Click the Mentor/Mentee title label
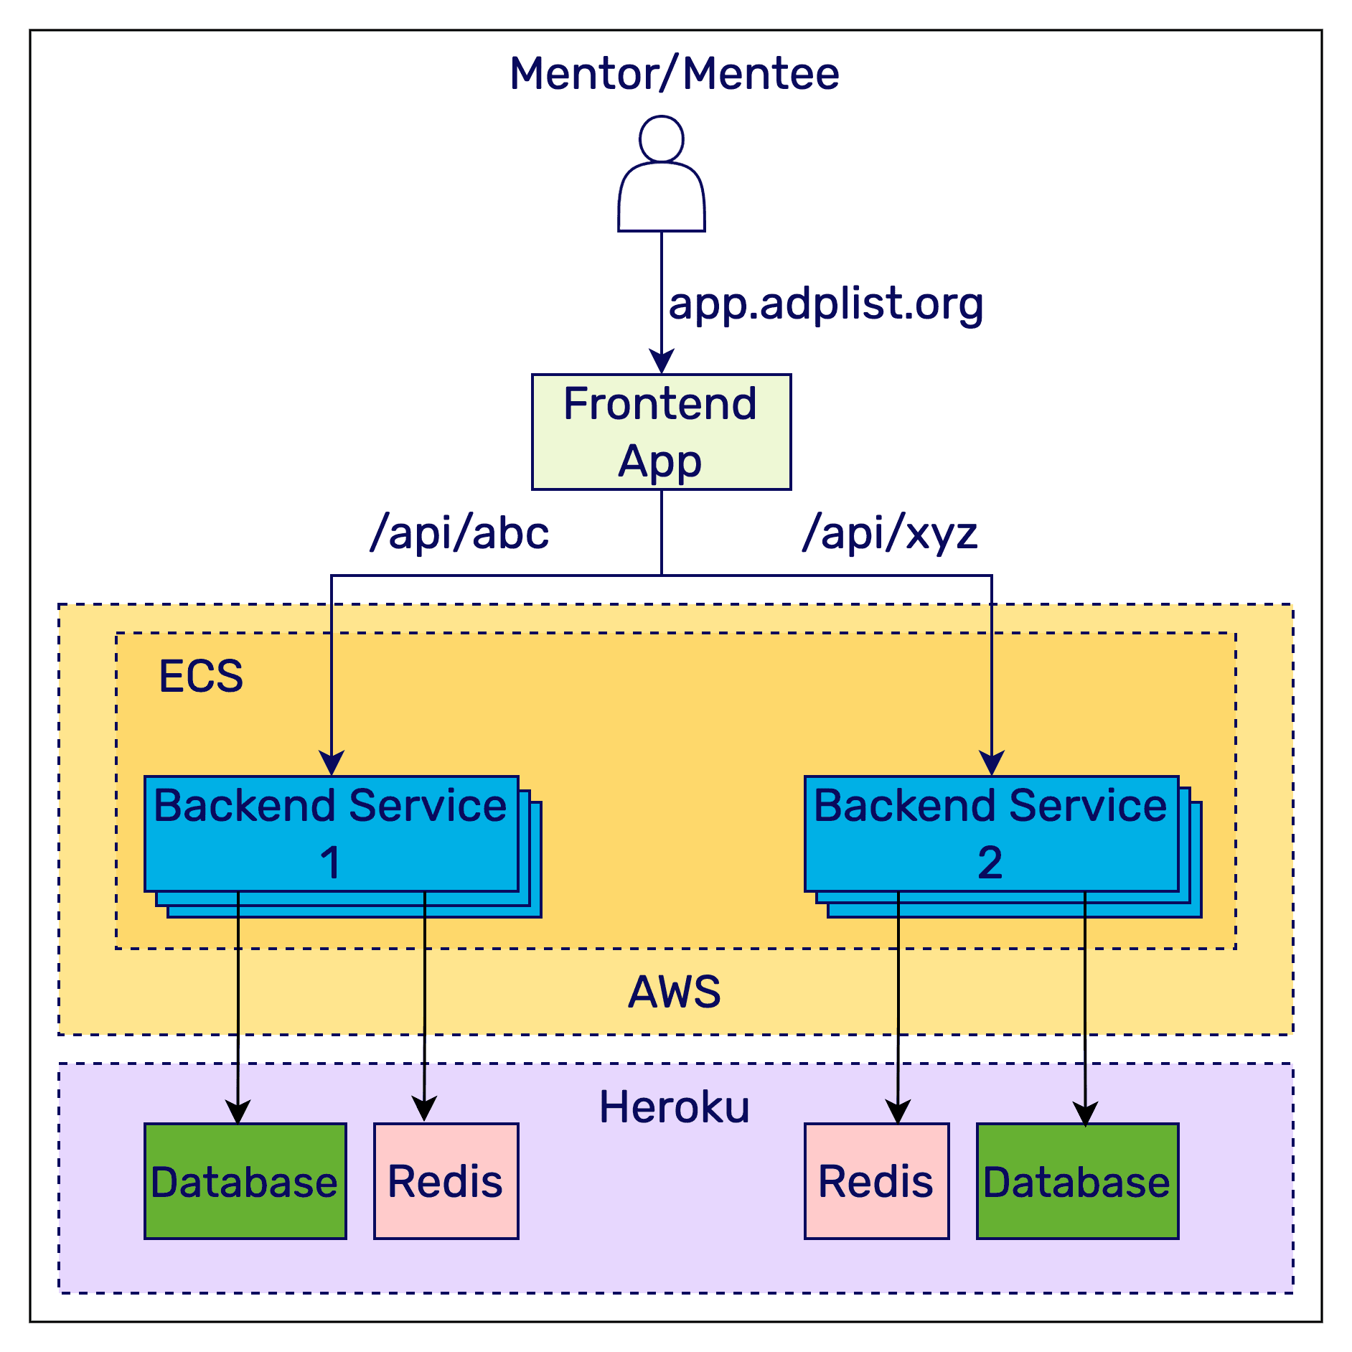(x=675, y=74)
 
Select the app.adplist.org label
(x=826, y=304)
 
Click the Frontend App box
(x=661, y=432)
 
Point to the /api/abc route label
(x=459, y=534)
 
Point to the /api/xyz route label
(x=890, y=534)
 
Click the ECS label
(x=201, y=676)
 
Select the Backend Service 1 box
(x=331, y=834)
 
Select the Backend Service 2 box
(x=991, y=834)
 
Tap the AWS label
(x=675, y=992)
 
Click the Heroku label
(x=675, y=1107)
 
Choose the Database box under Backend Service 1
(x=245, y=1181)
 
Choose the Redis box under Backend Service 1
(x=446, y=1181)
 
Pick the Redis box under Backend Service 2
(x=876, y=1181)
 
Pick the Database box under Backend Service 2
(x=1077, y=1181)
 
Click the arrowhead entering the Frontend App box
(x=661, y=361)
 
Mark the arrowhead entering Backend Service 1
(x=332, y=763)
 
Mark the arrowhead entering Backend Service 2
(x=992, y=763)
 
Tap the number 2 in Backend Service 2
(x=990, y=863)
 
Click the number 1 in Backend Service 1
(x=330, y=863)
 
